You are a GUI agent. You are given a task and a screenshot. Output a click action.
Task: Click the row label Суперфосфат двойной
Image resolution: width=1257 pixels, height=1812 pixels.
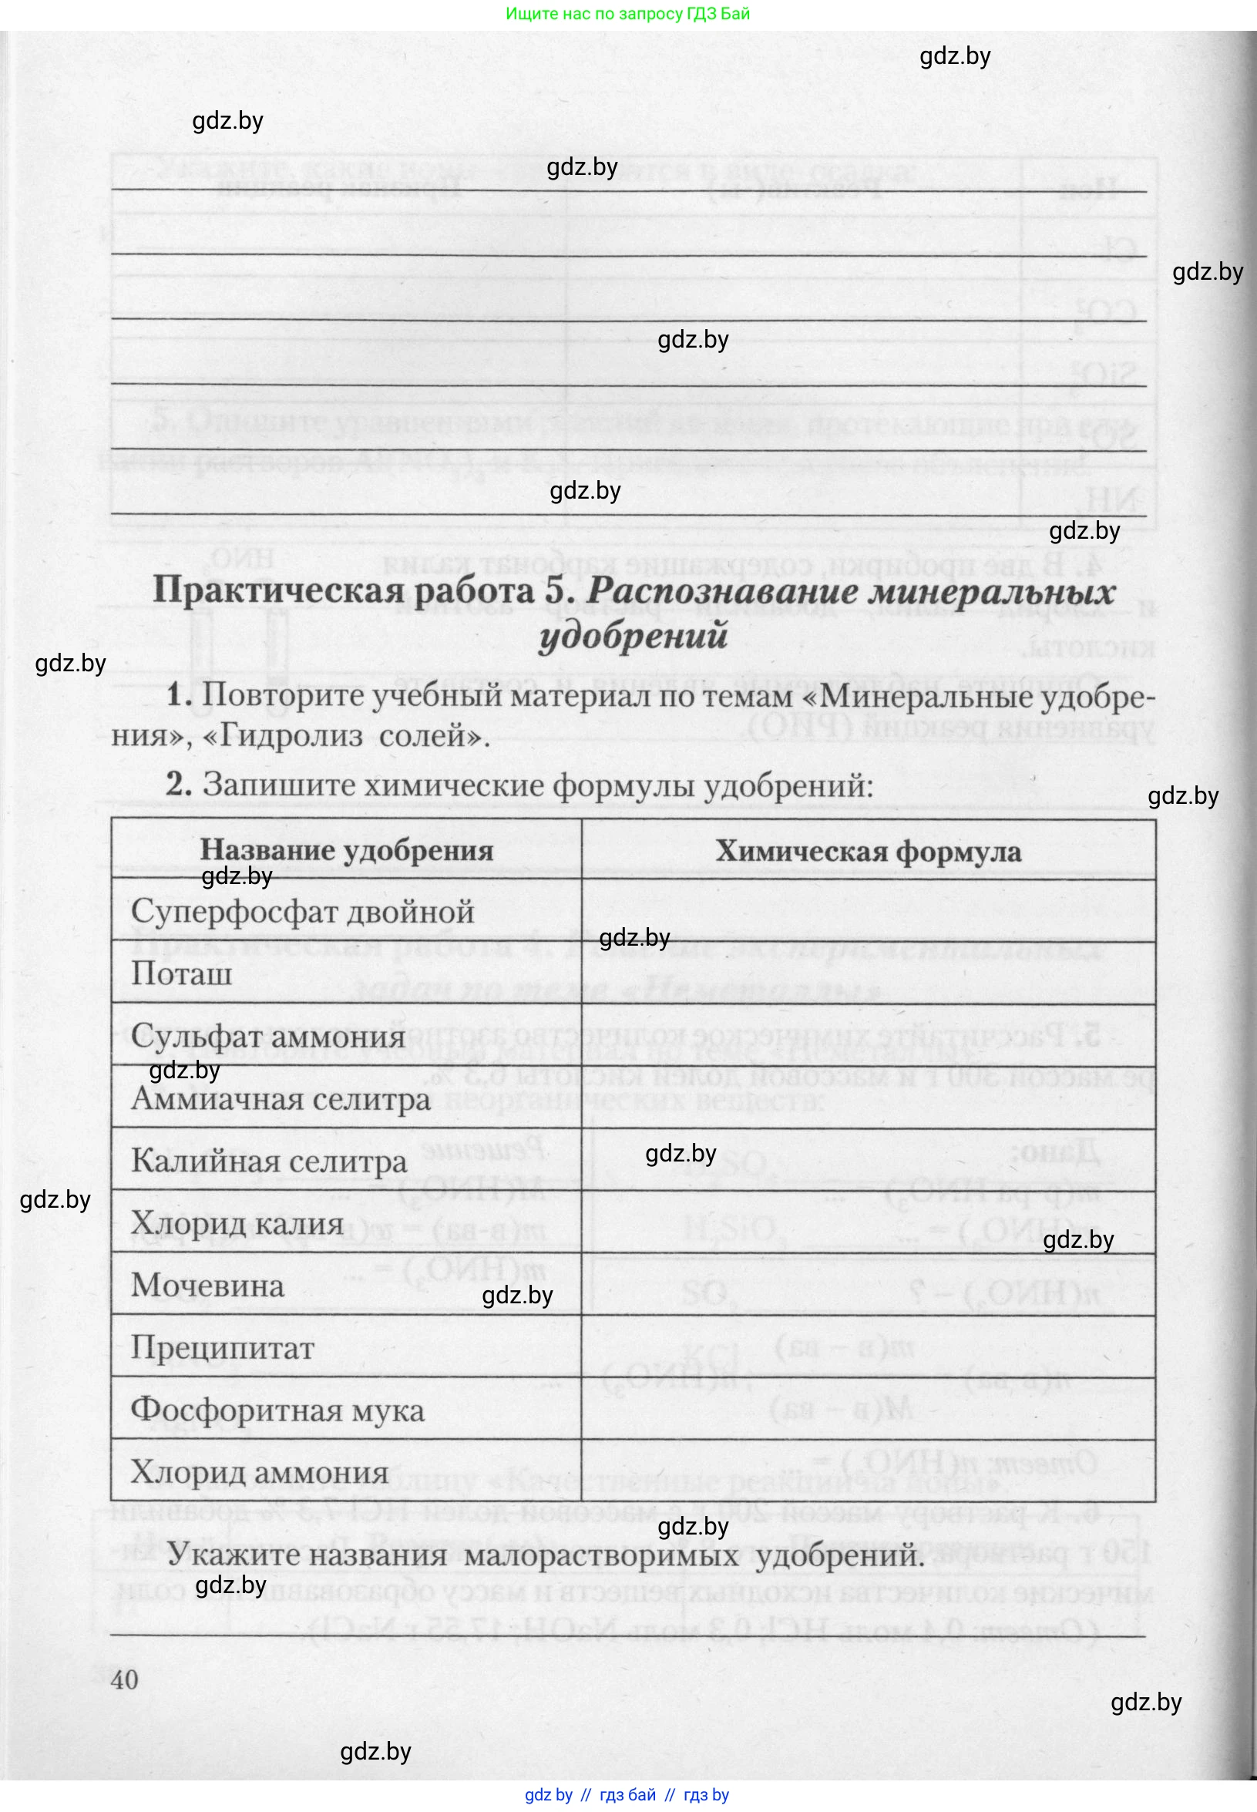[x=302, y=912]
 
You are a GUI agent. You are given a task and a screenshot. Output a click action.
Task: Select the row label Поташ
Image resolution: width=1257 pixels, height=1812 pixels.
[x=181, y=974]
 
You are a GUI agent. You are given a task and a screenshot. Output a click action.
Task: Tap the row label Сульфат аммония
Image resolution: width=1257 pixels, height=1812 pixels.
[x=267, y=1037]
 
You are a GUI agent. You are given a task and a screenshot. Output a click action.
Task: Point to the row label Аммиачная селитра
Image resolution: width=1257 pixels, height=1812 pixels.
[x=281, y=1098]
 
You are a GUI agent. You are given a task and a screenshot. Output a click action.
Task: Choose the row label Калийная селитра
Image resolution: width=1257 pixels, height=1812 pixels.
[x=268, y=1161]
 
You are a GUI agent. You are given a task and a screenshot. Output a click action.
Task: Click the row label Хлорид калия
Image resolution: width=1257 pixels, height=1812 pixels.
[x=237, y=1223]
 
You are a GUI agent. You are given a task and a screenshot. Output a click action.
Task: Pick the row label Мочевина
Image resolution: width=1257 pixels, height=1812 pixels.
[x=207, y=1285]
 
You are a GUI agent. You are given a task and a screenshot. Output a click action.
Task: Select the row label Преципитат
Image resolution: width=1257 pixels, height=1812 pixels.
[x=222, y=1347]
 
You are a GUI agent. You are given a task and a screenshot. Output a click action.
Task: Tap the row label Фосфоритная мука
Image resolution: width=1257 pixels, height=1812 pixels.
[x=277, y=1410]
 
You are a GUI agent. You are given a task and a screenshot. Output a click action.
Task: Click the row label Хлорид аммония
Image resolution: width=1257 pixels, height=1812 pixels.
[x=259, y=1472]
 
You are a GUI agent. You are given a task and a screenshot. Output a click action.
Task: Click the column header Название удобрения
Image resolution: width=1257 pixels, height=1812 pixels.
[x=347, y=850]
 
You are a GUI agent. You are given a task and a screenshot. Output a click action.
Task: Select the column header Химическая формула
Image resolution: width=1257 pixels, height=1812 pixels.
[x=868, y=851]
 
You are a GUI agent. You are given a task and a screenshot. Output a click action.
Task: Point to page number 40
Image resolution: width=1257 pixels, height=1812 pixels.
[x=125, y=1679]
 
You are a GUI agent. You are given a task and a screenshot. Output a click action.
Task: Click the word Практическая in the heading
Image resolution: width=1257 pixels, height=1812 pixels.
[x=278, y=590]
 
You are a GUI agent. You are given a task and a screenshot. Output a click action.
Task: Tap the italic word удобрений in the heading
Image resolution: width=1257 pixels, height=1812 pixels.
[x=633, y=636]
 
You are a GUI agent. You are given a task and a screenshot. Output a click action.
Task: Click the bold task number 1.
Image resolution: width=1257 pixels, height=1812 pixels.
[x=179, y=695]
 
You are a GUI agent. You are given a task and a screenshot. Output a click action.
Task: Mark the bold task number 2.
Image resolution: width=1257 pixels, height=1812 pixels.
[x=179, y=785]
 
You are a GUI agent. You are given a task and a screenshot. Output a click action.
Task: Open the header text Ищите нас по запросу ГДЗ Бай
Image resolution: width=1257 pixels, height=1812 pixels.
[x=627, y=13]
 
